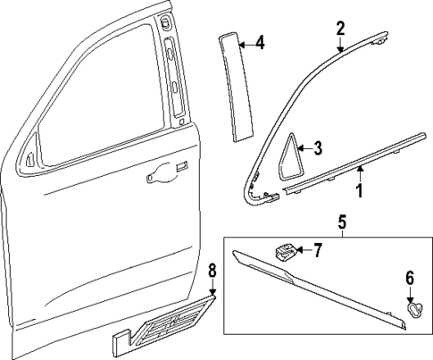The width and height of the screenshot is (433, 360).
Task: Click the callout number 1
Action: [x=360, y=191]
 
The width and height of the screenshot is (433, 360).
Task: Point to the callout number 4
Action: [x=259, y=42]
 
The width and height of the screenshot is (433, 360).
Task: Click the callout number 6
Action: [x=410, y=279]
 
